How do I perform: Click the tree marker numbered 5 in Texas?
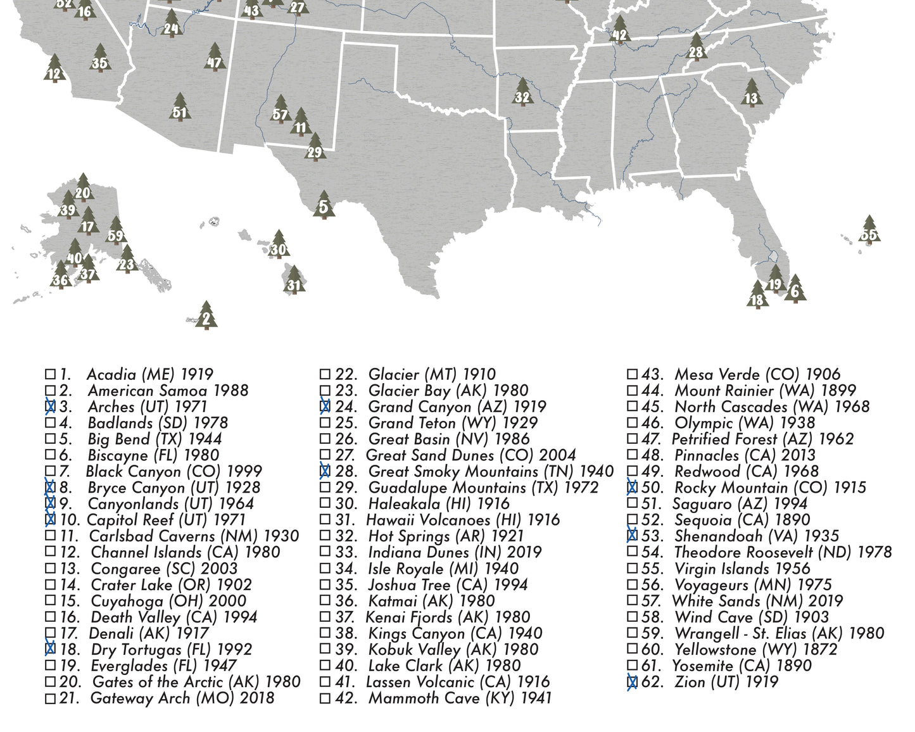pos(324,205)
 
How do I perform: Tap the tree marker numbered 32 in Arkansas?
pos(522,95)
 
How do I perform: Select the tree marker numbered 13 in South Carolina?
pos(751,96)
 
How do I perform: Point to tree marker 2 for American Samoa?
pos(206,317)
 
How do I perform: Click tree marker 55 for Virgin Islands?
pos(869,232)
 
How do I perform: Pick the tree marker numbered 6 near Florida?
pos(795,290)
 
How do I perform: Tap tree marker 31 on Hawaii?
pos(294,283)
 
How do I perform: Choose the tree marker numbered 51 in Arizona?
pos(180,110)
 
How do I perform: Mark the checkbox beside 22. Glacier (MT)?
pos(325,374)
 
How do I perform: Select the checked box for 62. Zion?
pos(632,682)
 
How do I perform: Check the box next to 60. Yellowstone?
pos(632,649)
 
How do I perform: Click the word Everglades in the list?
pos(130,666)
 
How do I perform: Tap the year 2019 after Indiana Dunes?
pos(524,552)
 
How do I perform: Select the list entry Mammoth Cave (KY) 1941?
pos(460,698)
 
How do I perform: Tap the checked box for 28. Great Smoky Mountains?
pos(325,471)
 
